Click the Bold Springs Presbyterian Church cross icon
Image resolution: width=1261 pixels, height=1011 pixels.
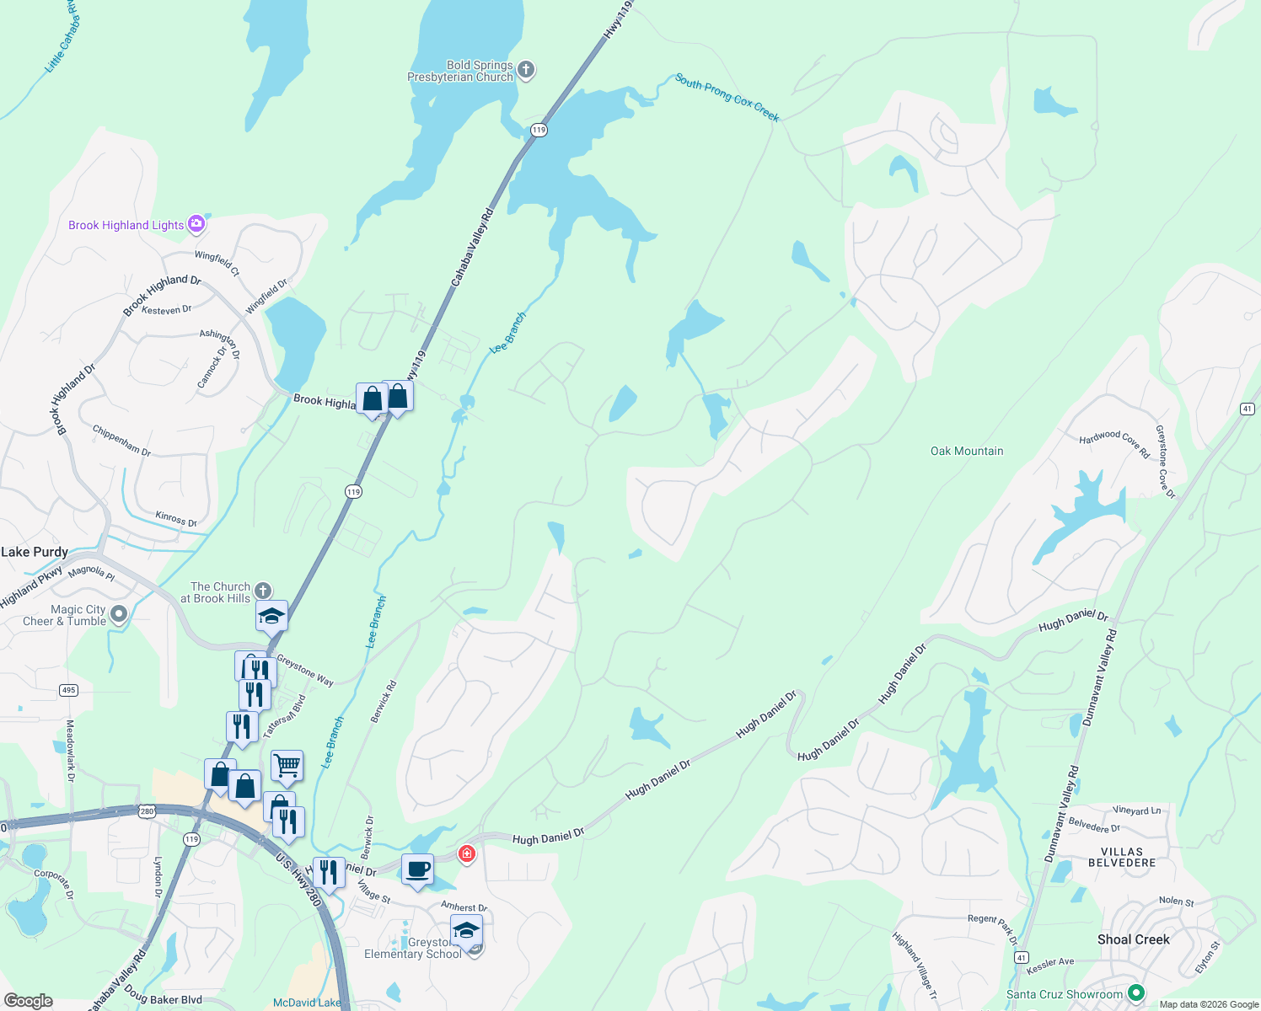pos(526,70)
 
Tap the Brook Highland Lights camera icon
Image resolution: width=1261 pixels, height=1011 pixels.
pos(196,224)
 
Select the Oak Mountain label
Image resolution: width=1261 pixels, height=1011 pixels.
pos(967,452)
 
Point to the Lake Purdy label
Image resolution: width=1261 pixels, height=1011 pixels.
pos(35,552)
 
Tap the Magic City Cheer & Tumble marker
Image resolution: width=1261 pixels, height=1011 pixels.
pos(119,614)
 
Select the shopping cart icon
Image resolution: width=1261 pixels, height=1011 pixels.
pos(287,766)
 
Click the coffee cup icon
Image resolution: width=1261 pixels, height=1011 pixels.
pos(417,869)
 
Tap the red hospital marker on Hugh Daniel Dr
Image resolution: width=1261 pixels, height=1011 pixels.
pos(466,854)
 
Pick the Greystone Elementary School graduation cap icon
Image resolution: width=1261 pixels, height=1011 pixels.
pos(466,930)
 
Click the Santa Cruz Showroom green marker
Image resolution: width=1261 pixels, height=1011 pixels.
pos(1135,994)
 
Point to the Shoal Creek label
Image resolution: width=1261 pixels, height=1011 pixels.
pos(1133,939)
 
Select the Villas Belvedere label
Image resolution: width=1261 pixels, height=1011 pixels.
pos(1122,857)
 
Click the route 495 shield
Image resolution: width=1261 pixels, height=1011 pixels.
pos(68,690)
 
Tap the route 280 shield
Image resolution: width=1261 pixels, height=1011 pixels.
pos(148,811)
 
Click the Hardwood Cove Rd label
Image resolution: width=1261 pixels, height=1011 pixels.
pos(1114,443)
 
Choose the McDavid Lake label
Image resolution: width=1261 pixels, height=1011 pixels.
pos(307,1003)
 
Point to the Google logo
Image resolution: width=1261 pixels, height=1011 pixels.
pos(29,1001)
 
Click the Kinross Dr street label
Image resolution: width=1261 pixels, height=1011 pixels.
pos(175,518)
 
